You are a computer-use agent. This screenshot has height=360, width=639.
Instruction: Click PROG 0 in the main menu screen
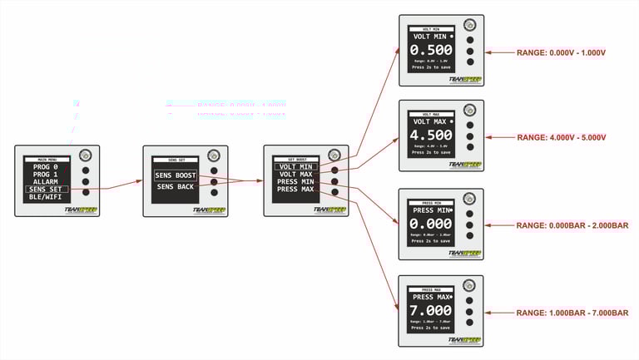(47, 166)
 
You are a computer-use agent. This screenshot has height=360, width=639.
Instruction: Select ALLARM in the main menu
(47, 181)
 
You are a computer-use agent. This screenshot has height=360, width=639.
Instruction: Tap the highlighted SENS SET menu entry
(47, 190)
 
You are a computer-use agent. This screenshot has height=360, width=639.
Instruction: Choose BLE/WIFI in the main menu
(47, 197)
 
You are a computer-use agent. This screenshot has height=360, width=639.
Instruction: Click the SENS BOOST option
(175, 175)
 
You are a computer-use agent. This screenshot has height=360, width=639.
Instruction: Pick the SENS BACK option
(175, 187)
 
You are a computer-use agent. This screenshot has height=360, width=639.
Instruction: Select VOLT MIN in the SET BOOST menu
(295, 166)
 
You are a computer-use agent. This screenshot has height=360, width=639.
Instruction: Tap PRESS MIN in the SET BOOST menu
(295, 181)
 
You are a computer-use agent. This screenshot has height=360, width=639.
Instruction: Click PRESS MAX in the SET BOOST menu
(295, 190)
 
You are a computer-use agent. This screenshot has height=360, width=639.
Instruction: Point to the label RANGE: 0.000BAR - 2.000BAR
(572, 225)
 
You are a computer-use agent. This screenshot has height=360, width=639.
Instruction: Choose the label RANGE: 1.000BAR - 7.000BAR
(572, 312)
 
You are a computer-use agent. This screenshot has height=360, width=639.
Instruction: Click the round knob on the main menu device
(86, 155)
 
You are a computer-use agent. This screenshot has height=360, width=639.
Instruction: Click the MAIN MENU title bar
(47, 158)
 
